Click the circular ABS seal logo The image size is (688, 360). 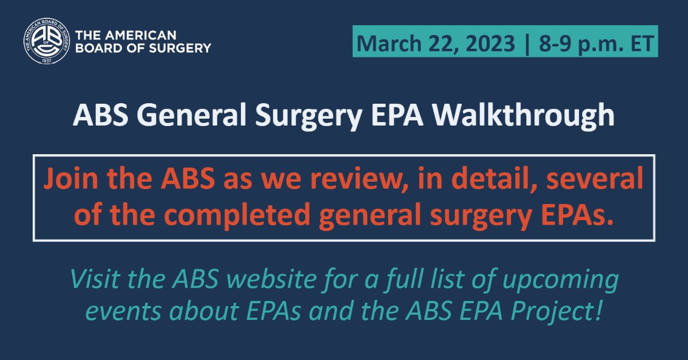pyautogui.click(x=46, y=41)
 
